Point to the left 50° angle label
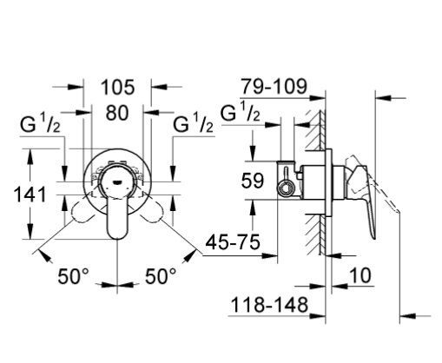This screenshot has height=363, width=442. (74, 277)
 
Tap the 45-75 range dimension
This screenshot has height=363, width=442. (231, 244)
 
